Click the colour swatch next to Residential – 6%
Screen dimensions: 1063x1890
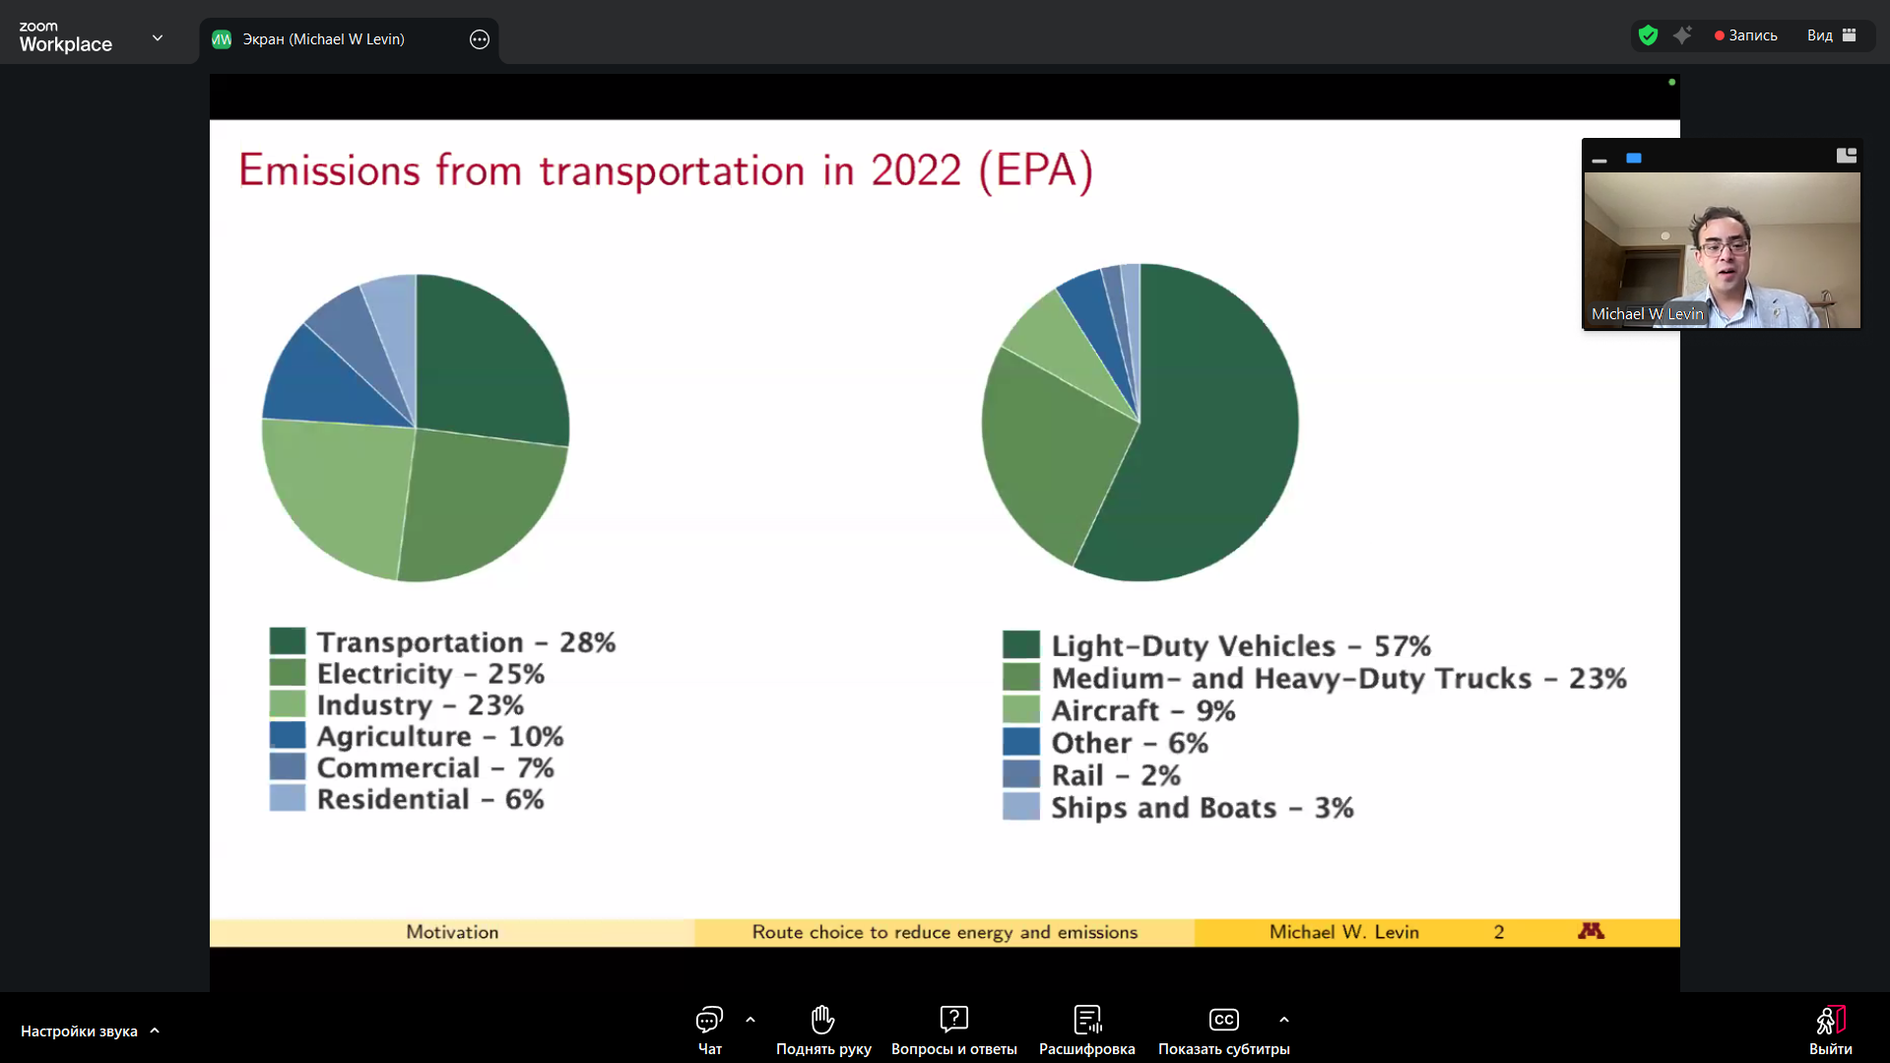click(288, 799)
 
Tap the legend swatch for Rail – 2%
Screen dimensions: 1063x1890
click(1020, 775)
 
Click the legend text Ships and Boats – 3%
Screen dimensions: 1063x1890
click(1202, 808)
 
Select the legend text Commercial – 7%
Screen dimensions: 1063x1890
click(434, 767)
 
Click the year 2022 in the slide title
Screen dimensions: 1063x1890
click(916, 170)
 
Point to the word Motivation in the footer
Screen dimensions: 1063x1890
click(452, 932)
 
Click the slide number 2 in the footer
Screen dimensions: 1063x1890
click(1498, 932)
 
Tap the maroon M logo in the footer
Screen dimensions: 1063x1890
click(1591, 931)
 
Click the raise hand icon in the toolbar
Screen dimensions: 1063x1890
click(823, 1019)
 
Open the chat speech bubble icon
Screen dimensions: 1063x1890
click(709, 1019)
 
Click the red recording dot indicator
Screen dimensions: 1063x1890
click(1720, 35)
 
